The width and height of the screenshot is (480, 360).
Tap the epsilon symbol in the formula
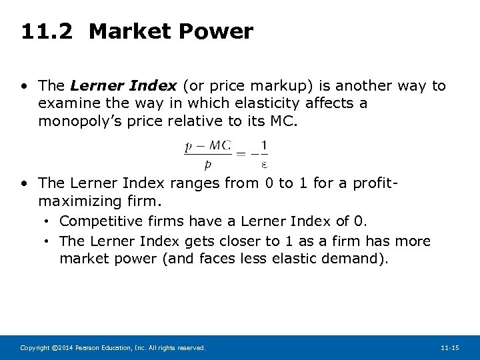265,164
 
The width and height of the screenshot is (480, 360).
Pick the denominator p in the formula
208,164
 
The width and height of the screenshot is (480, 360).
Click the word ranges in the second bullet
195,183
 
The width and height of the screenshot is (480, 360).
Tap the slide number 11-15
450,348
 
